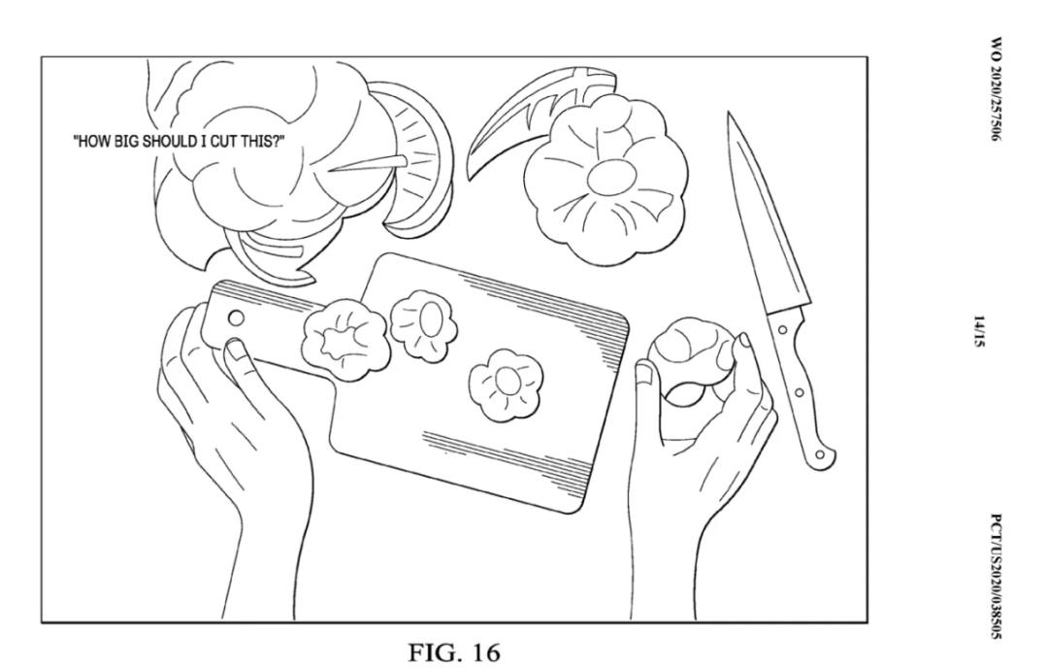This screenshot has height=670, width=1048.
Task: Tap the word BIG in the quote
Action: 126,142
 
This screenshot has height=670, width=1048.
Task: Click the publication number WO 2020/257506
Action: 996,89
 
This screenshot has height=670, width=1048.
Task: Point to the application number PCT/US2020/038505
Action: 996,576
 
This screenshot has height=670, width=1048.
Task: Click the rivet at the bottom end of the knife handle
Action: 819,454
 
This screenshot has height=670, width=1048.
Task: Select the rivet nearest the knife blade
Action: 781,329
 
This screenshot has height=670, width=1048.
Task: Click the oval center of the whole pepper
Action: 611,177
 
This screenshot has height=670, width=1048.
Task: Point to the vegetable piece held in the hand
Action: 692,361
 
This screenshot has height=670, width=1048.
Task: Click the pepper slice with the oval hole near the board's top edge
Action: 424,323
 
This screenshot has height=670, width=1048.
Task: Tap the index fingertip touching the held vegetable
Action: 742,346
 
